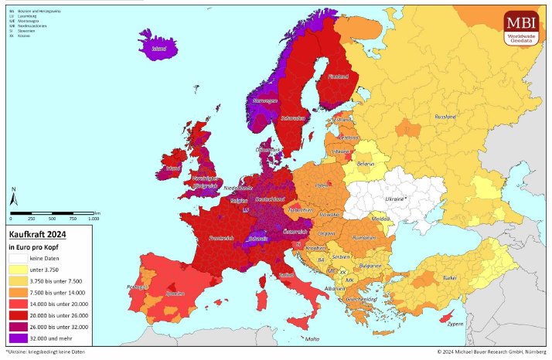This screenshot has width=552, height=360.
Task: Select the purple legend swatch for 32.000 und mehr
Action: pyautogui.click(x=18, y=338)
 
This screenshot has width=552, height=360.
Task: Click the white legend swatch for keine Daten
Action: pyautogui.click(x=18, y=258)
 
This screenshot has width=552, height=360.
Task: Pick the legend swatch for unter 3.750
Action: pyautogui.click(x=18, y=270)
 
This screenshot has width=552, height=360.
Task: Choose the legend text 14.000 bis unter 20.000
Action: pyautogui.click(x=59, y=304)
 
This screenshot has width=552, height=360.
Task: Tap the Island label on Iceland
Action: pyautogui.click(x=158, y=48)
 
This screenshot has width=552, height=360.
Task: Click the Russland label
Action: pyautogui.click(x=446, y=117)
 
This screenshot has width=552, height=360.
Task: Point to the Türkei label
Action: pyautogui.click(x=449, y=277)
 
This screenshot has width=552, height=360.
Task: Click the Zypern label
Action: pyautogui.click(x=477, y=324)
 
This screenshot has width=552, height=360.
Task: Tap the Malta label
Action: pyautogui.click(x=312, y=339)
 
